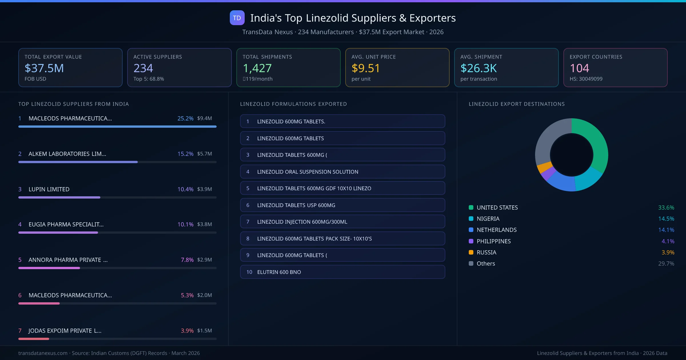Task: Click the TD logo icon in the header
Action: pos(237,18)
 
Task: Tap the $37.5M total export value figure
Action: pos(44,68)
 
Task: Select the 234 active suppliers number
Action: pos(143,68)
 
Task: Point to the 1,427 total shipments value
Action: pos(257,68)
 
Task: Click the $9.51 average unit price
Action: pos(366,68)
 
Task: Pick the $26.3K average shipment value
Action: pos(478,68)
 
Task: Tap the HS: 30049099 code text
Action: pos(586,79)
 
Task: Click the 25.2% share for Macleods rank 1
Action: pos(185,118)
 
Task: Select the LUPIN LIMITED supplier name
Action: pos(49,189)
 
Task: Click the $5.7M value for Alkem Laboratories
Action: pos(204,154)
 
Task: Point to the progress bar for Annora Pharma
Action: pos(49,268)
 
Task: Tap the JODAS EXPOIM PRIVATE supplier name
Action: pos(65,331)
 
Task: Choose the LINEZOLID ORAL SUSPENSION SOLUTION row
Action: pos(342,172)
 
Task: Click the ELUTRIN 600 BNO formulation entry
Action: pos(342,272)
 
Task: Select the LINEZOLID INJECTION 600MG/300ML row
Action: pos(342,222)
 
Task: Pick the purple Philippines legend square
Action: pos(471,241)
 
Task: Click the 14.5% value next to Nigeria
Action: pos(666,219)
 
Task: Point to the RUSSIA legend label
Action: pos(486,252)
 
